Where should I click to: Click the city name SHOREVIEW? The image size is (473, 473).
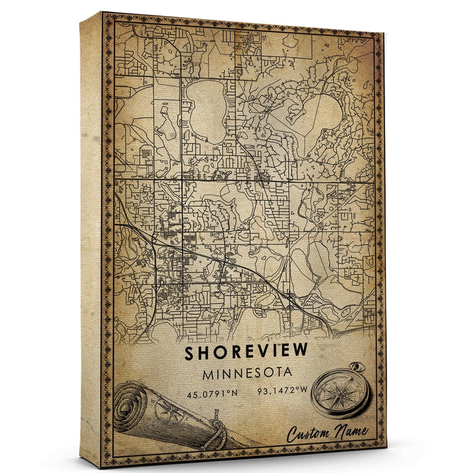click(246, 352)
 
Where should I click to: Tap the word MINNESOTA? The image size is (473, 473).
click(247, 373)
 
